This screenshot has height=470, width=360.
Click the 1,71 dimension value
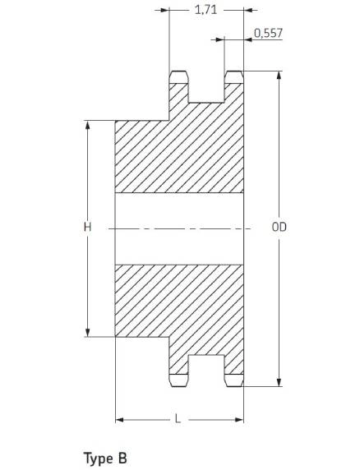(205, 10)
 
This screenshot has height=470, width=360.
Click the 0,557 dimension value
(268, 33)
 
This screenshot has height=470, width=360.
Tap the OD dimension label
(279, 228)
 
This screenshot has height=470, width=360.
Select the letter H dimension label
(87, 228)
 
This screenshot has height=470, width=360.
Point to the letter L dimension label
(178, 419)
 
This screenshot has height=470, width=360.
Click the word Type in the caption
(98, 459)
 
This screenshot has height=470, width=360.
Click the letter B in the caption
(122, 458)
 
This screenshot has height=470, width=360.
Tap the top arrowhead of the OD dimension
(279, 76)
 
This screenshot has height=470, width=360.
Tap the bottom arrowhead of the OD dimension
(279, 382)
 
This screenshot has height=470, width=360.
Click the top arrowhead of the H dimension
(87, 125)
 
